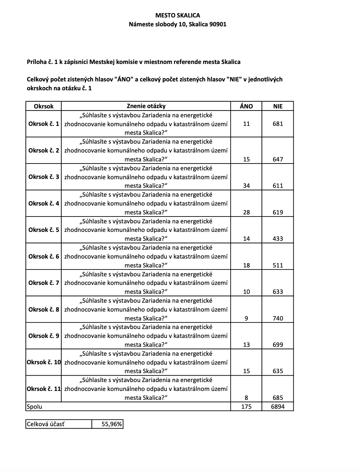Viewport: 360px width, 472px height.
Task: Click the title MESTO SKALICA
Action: [178, 15]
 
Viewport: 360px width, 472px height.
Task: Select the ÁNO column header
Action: [246, 106]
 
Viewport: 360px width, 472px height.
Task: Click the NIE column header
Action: [278, 106]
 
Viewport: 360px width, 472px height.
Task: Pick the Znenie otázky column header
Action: [146, 106]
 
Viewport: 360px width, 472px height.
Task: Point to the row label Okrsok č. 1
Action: [44, 124]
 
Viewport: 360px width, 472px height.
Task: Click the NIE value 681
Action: [278, 124]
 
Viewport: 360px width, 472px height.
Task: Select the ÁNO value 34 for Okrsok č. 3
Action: [246, 186]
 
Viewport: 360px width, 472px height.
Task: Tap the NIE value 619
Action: [278, 212]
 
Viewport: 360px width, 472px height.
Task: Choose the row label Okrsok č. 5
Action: [44, 230]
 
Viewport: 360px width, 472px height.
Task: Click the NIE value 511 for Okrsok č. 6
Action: [278, 265]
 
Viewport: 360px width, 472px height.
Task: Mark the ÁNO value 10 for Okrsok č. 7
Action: [246, 292]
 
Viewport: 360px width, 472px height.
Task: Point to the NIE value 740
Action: [278, 318]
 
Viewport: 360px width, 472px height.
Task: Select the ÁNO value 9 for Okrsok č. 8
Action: [246, 318]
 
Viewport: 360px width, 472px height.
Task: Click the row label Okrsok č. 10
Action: [44, 362]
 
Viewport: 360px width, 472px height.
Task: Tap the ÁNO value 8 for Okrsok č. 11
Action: [246, 397]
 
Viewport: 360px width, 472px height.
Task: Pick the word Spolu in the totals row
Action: [34, 407]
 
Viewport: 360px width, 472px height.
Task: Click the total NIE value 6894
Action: [278, 407]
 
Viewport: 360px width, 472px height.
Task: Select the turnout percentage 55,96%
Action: [112, 424]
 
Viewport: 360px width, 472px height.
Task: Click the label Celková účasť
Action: [46, 424]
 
